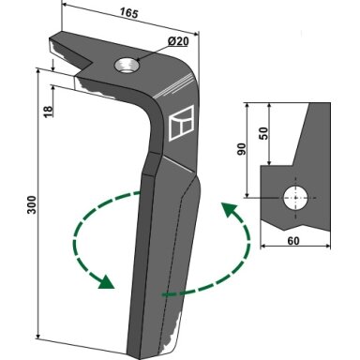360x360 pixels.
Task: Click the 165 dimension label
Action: click(128, 13)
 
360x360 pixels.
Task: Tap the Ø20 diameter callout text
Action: click(177, 41)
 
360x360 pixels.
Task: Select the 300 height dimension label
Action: click(32, 204)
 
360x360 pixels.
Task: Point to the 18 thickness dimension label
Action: click(48, 112)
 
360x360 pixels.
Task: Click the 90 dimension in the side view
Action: click(242, 149)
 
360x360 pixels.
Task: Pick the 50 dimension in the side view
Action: click(263, 133)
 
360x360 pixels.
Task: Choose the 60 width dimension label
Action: click(292, 241)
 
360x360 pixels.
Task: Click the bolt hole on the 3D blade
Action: click(127, 66)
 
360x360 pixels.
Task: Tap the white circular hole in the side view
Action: click(295, 198)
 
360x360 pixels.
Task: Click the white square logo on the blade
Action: click(181, 123)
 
